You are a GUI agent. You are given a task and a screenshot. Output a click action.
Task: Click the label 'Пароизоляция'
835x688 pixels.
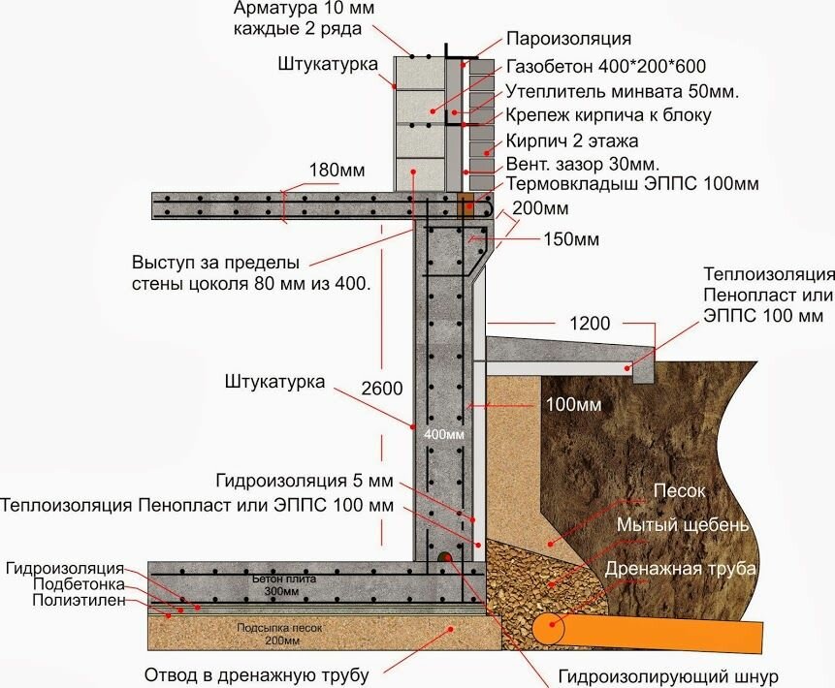coord(569,40)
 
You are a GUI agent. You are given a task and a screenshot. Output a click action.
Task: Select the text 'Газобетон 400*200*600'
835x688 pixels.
coord(605,67)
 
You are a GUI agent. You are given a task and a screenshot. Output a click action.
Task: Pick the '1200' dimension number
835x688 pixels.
coord(591,325)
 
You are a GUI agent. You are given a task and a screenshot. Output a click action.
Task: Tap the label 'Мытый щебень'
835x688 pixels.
coord(683,525)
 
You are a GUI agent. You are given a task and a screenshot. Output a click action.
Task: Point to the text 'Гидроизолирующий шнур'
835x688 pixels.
coord(669,675)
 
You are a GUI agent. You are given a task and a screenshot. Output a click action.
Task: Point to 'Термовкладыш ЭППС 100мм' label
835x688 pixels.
coord(631,182)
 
